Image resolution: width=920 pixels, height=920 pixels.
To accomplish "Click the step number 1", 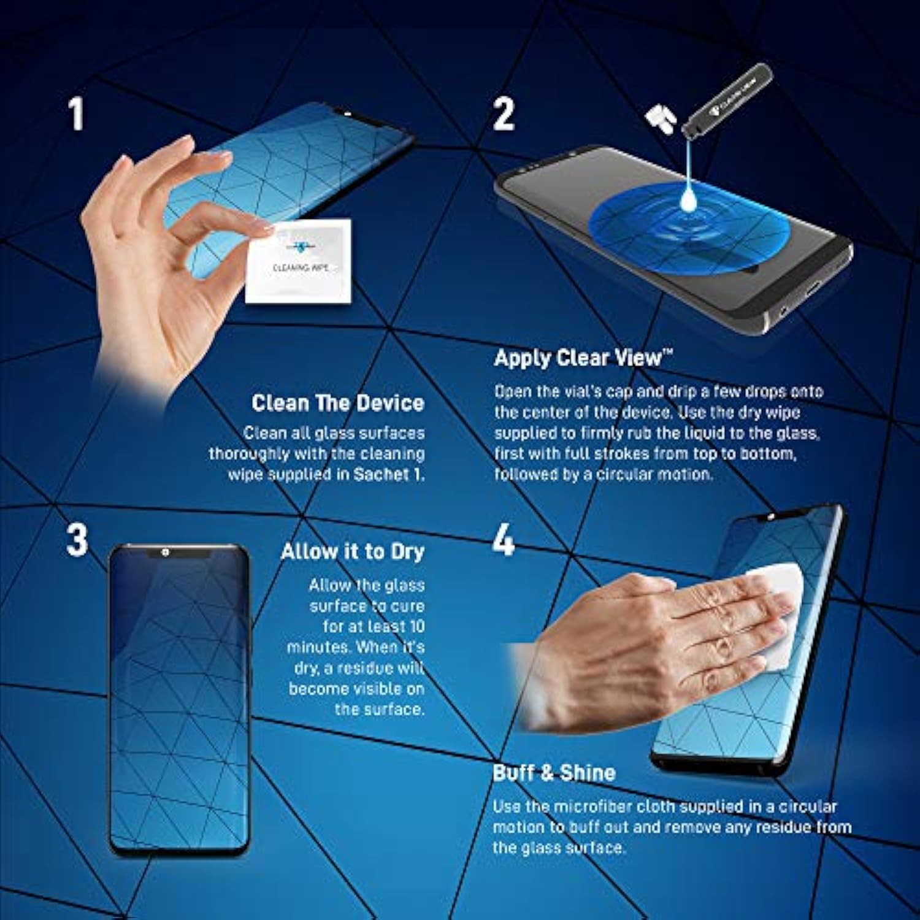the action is pyautogui.click(x=76, y=114).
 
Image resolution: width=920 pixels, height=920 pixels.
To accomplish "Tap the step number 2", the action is pyautogui.click(x=504, y=114).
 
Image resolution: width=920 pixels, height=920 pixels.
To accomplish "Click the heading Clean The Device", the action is pyautogui.click(x=338, y=403).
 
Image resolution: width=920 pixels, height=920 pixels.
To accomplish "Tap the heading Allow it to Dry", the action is pyautogui.click(x=353, y=552).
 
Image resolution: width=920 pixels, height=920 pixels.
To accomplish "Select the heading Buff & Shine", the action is pyautogui.click(x=554, y=772).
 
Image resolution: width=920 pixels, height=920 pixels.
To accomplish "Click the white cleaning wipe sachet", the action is pyautogui.click(x=299, y=261).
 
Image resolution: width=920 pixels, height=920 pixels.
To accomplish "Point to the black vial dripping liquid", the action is pyautogui.click(x=727, y=99).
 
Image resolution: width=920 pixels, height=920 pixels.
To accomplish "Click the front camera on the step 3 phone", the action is pyautogui.click(x=165, y=553).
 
